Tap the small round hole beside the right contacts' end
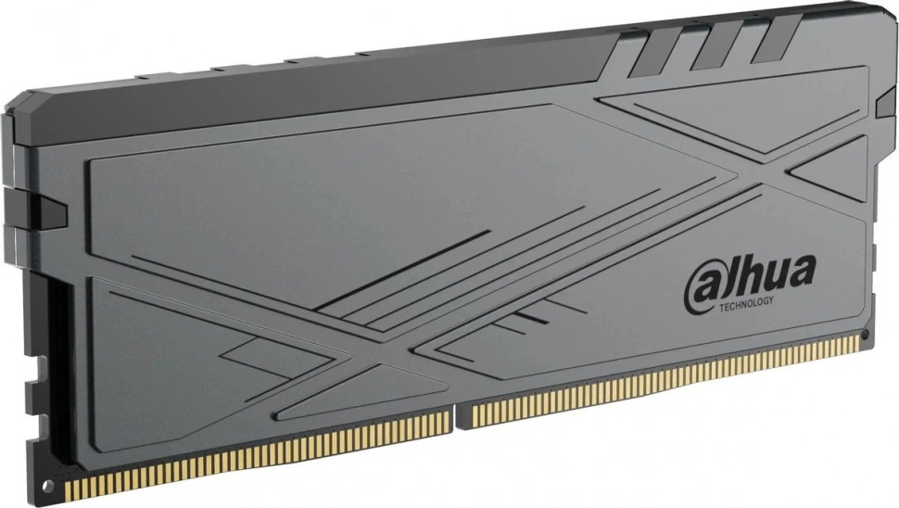point(865,333)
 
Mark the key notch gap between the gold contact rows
point(461,417)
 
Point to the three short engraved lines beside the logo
point(525,324)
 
